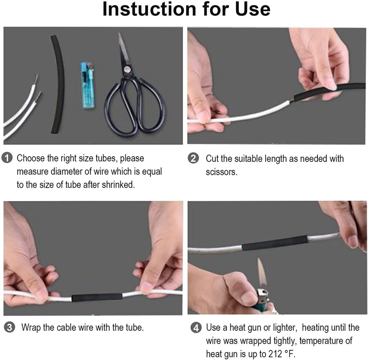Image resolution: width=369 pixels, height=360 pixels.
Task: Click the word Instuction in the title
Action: tap(149, 9)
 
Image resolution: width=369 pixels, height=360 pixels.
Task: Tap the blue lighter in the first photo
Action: tap(88, 85)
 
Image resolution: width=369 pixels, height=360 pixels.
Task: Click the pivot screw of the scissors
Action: tap(127, 69)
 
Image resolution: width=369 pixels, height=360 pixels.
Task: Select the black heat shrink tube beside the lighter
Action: tap(57, 84)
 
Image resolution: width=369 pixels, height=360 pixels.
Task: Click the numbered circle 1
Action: tap(7, 157)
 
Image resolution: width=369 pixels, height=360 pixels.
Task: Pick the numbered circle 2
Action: tap(194, 158)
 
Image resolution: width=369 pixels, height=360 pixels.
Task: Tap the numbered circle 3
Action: tap(10, 327)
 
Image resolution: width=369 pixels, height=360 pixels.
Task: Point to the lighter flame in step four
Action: tap(262, 273)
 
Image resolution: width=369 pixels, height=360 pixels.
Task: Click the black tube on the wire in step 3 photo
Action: tap(97, 297)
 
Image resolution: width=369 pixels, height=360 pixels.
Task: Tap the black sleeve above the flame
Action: tap(275, 243)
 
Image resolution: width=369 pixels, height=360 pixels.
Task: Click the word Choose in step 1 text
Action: tap(31, 158)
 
